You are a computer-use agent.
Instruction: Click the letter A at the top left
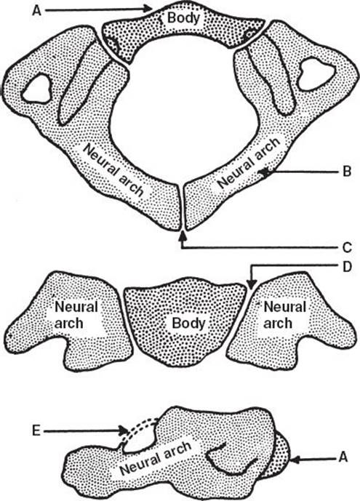point(37,11)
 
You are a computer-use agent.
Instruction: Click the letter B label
point(347,172)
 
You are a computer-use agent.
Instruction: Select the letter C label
point(347,247)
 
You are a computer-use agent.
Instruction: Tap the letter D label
point(347,267)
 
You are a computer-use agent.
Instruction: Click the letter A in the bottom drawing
point(343,457)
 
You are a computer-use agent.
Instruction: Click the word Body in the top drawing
point(183,18)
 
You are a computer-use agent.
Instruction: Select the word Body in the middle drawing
point(188,323)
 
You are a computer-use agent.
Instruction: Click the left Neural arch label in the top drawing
point(113,169)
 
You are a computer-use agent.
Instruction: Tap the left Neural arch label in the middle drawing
point(76,315)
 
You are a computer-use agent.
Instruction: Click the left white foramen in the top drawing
point(37,89)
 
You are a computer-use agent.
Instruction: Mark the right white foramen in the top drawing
point(316,75)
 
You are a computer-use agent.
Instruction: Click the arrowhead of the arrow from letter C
point(183,236)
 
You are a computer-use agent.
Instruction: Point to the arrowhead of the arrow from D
point(252,284)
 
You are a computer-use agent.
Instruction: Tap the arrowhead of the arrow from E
point(124,431)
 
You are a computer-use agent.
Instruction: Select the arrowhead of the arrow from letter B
point(265,172)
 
